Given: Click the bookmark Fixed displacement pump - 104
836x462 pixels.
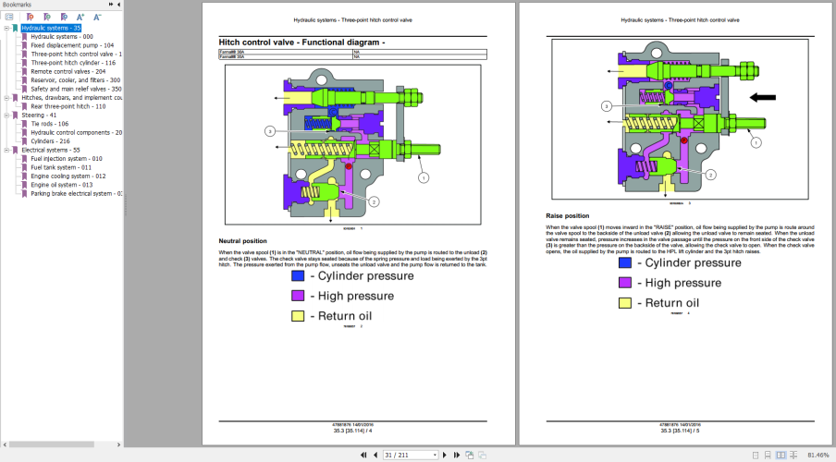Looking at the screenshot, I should [72, 45].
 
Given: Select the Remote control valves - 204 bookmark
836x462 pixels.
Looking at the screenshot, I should [68, 71].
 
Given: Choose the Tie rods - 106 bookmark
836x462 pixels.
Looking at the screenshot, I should [50, 124].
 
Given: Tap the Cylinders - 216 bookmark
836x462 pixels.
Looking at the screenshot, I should [52, 141].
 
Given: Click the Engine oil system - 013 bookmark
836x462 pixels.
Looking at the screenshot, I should [61, 185].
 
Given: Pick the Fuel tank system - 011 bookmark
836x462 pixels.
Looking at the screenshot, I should [61, 167].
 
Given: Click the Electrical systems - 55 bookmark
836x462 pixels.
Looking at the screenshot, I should [51, 150].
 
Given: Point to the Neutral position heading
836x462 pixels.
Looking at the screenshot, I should [242, 241].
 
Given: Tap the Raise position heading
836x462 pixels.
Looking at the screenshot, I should [568, 216].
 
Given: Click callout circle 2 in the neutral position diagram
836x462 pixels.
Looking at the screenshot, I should [375, 201].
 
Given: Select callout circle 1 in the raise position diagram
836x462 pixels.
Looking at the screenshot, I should [755, 142].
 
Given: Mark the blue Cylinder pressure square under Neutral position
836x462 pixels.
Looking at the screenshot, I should [298, 275].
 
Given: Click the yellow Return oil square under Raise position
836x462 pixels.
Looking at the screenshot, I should [625, 303].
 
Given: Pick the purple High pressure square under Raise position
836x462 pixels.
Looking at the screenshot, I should [625, 283].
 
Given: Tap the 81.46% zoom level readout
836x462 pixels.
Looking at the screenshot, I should [818, 456].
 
